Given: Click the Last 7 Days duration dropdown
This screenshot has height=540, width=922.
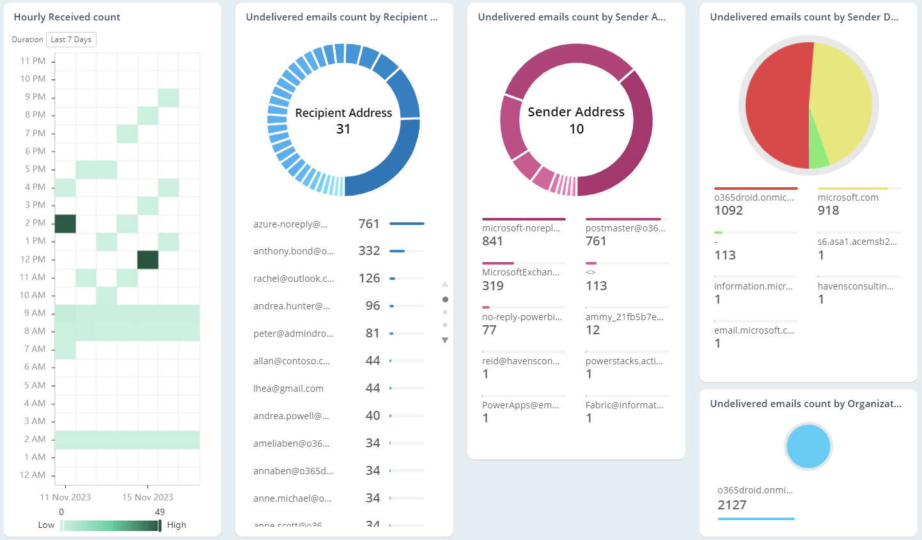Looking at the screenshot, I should tap(71, 40).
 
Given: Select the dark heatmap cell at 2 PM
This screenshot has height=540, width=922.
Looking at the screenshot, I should tap(65, 224).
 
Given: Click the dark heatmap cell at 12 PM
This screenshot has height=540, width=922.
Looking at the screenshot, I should tap(148, 259).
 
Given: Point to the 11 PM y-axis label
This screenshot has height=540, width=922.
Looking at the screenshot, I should tap(33, 61).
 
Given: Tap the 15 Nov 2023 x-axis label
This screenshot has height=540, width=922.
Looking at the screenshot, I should tap(148, 497).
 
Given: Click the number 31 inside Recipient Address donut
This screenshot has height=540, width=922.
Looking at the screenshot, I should tap(343, 129).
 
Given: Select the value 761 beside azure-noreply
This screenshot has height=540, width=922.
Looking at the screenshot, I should tap(369, 224).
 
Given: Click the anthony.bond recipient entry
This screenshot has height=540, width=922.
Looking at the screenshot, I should tap(293, 251).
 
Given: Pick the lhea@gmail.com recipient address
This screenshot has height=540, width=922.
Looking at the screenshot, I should tap(288, 389).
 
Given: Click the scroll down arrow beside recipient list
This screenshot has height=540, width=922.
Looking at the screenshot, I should tap(445, 341).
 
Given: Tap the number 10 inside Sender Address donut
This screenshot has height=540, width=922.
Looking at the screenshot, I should tap(576, 129).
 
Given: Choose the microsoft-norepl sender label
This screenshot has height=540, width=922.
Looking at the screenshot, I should tap(521, 228).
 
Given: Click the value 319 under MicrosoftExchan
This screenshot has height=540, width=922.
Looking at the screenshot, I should tap(493, 286).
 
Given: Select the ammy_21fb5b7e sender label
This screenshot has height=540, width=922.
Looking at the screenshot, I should tap(625, 317).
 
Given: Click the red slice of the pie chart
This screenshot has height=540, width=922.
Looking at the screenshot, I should tap(777, 105).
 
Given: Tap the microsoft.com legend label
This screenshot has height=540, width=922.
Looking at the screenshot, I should tap(848, 197).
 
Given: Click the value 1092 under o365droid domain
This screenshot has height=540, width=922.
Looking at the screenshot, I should tap(729, 211).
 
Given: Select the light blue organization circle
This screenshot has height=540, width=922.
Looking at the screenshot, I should tap(808, 447).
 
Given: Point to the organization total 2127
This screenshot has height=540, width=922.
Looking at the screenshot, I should tap(732, 505).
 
